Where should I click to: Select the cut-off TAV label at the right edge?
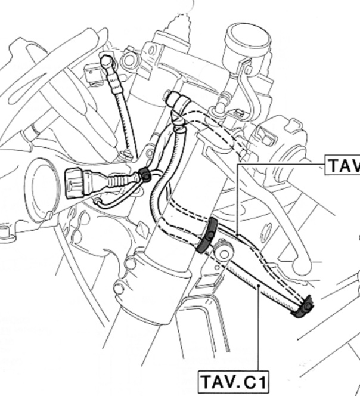click(343, 165)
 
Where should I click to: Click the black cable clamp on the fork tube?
click(206, 236)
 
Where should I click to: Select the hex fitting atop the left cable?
click(107, 60)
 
